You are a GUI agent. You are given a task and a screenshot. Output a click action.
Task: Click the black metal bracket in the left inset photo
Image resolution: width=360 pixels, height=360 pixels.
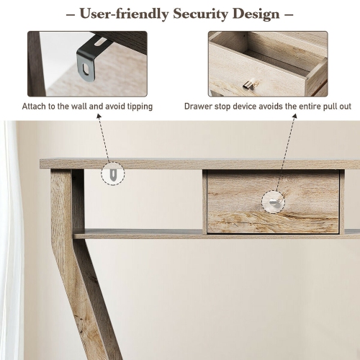coord(89,61)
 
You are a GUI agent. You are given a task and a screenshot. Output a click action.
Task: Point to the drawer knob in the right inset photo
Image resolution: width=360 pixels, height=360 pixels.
coord(249,85)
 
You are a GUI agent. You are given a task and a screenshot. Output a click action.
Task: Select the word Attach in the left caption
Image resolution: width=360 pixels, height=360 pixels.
coord(35,107)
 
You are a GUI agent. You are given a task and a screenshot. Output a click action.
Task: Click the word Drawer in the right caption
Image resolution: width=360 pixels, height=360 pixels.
coord(199,107)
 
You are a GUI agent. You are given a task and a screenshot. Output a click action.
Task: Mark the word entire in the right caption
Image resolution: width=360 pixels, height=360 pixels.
coord(312,107)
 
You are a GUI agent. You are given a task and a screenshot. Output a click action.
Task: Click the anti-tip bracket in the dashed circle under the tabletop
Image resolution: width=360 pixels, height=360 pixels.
coord(112,174)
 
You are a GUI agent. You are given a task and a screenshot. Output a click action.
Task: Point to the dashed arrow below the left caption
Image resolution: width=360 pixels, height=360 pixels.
coord(102,137)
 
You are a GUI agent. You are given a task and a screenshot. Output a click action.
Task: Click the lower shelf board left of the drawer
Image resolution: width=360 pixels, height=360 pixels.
coord(137,233)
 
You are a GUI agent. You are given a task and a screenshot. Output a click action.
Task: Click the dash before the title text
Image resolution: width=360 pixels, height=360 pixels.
coord(69,14)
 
